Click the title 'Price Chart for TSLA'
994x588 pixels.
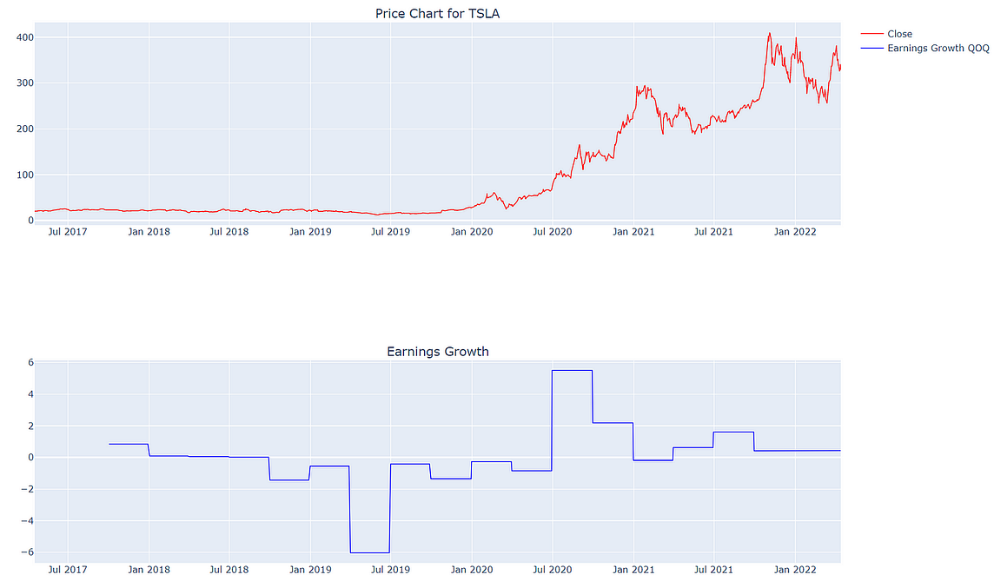[437, 13]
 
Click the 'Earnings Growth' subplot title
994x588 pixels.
[437, 352]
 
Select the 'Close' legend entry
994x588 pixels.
[899, 34]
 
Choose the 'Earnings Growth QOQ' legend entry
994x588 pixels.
[938, 48]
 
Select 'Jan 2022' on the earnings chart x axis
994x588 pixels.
[794, 570]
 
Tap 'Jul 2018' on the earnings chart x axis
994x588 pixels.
[229, 570]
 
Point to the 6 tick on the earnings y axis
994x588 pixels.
[29, 363]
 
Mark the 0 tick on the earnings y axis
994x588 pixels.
[29, 458]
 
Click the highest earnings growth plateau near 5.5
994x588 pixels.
[572, 371]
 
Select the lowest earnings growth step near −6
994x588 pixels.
[369, 552]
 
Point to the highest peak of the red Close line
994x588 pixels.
[769, 34]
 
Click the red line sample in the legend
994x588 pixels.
[871, 34]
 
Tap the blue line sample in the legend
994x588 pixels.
[871, 48]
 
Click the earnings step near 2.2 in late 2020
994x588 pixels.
[613, 423]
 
